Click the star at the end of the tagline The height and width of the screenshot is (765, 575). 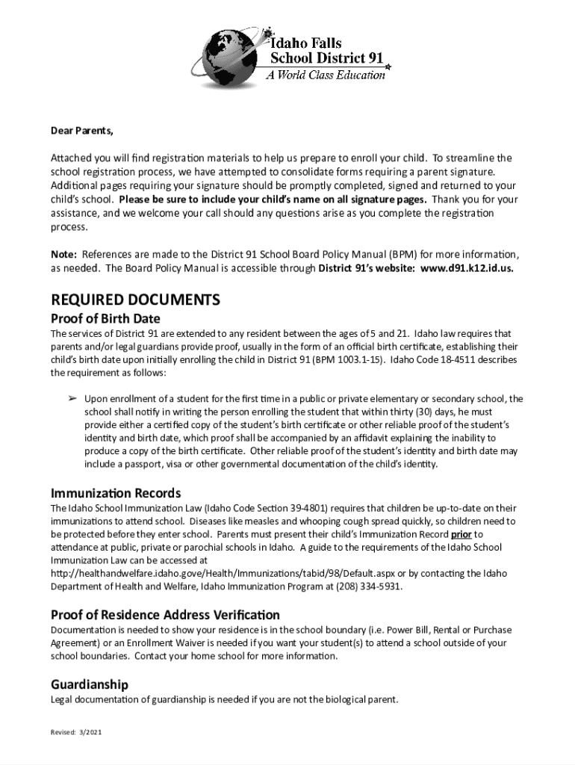pos(388,68)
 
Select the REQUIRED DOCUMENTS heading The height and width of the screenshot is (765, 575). pos(135,300)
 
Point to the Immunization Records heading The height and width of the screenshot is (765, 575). pos(116,493)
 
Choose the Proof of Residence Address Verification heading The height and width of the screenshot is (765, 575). pos(165,615)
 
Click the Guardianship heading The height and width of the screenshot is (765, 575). pos(90,684)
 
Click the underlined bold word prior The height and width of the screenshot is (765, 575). pos(461,535)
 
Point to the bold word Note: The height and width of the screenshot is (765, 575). pos(64,255)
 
